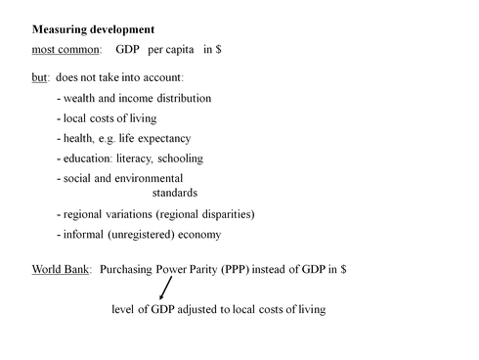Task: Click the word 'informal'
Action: [x=85, y=235]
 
